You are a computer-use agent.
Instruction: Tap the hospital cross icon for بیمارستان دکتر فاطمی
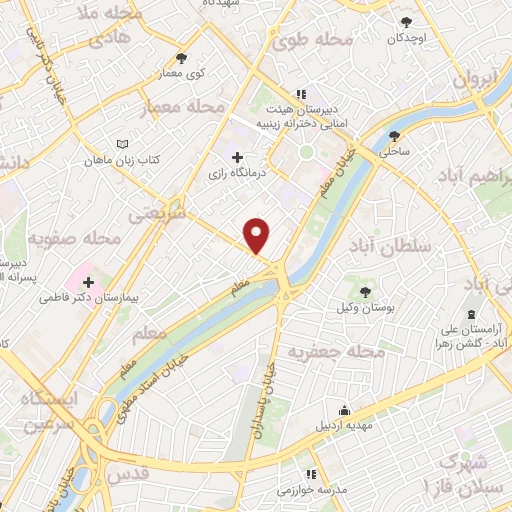88,282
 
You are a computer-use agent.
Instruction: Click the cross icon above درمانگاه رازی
237,157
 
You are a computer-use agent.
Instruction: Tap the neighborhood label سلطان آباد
390,245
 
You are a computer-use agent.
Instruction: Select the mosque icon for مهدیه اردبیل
345,409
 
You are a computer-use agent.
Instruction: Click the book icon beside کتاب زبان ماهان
122,144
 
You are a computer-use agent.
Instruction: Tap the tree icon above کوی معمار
180,58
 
